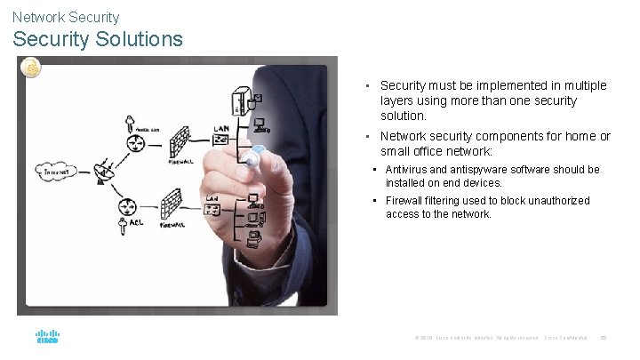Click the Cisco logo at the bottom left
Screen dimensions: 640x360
47,338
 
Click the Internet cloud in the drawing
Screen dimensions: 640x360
55,169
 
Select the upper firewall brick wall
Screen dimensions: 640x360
181,140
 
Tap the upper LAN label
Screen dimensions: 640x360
222,128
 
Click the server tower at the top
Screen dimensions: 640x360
240,100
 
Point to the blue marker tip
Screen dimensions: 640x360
258,150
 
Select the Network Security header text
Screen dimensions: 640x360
66,16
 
